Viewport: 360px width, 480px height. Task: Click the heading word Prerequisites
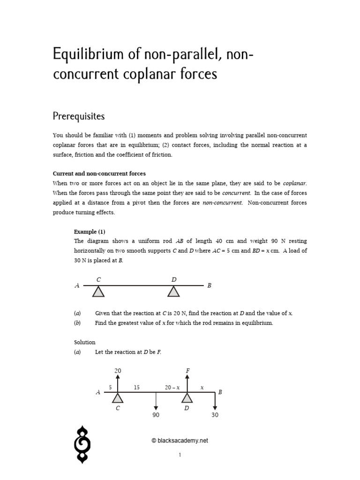coord(79,115)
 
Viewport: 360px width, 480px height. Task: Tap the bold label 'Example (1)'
coord(90,232)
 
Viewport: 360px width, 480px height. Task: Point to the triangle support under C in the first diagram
coord(98,292)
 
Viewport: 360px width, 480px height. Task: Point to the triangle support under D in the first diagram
coord(174,292)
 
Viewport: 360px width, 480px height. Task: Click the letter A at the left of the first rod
coord(77,285)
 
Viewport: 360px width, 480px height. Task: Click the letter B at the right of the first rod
coord(210,285)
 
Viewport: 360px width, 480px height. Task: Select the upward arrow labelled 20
coord(118,383)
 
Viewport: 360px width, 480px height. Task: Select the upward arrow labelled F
coord(187,383)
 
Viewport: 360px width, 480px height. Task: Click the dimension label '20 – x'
coord(172,387)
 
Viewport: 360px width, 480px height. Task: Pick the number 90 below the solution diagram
coord(156,415)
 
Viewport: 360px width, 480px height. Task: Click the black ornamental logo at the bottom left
coord(83,444)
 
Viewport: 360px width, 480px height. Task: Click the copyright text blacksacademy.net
coord(180,441)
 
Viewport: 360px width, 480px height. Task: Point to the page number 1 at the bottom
coord(180,455)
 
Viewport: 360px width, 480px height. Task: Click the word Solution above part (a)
coord(85,342)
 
